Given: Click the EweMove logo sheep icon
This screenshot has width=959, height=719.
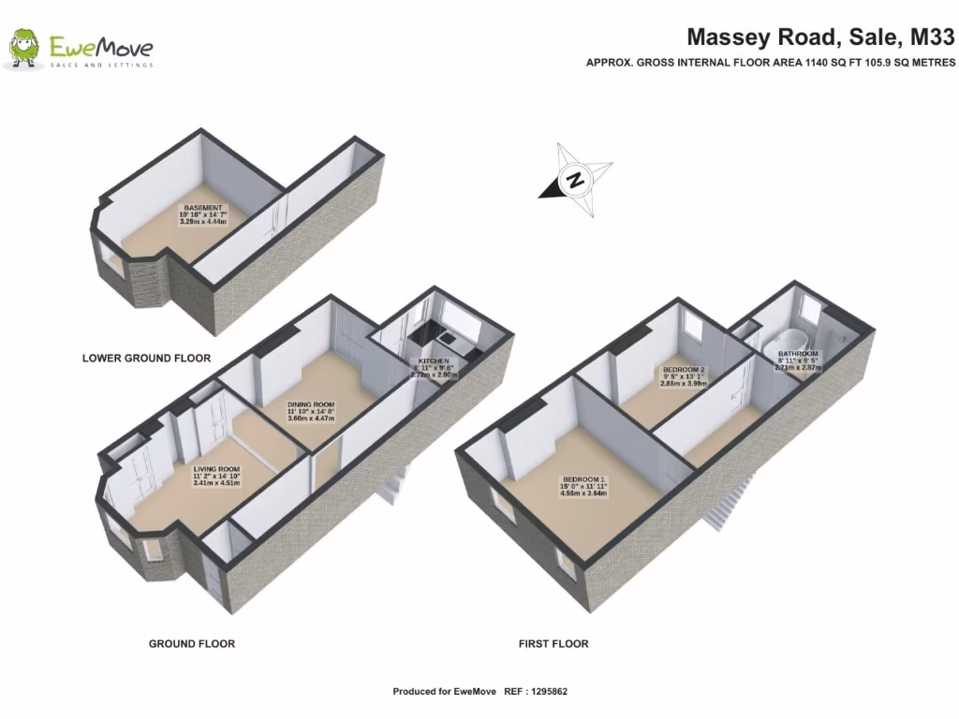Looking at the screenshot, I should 24,48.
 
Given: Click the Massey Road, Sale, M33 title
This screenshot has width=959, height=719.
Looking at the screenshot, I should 820,37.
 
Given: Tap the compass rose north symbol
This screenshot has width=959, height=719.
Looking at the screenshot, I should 577,180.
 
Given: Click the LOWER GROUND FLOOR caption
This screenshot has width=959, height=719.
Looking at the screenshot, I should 146,358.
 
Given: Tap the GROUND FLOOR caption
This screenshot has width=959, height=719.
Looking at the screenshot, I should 192,644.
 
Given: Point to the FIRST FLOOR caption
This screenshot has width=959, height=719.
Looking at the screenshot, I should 553,644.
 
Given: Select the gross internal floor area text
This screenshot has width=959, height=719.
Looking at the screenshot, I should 770,63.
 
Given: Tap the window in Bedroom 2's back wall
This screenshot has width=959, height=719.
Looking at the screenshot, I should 694,328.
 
